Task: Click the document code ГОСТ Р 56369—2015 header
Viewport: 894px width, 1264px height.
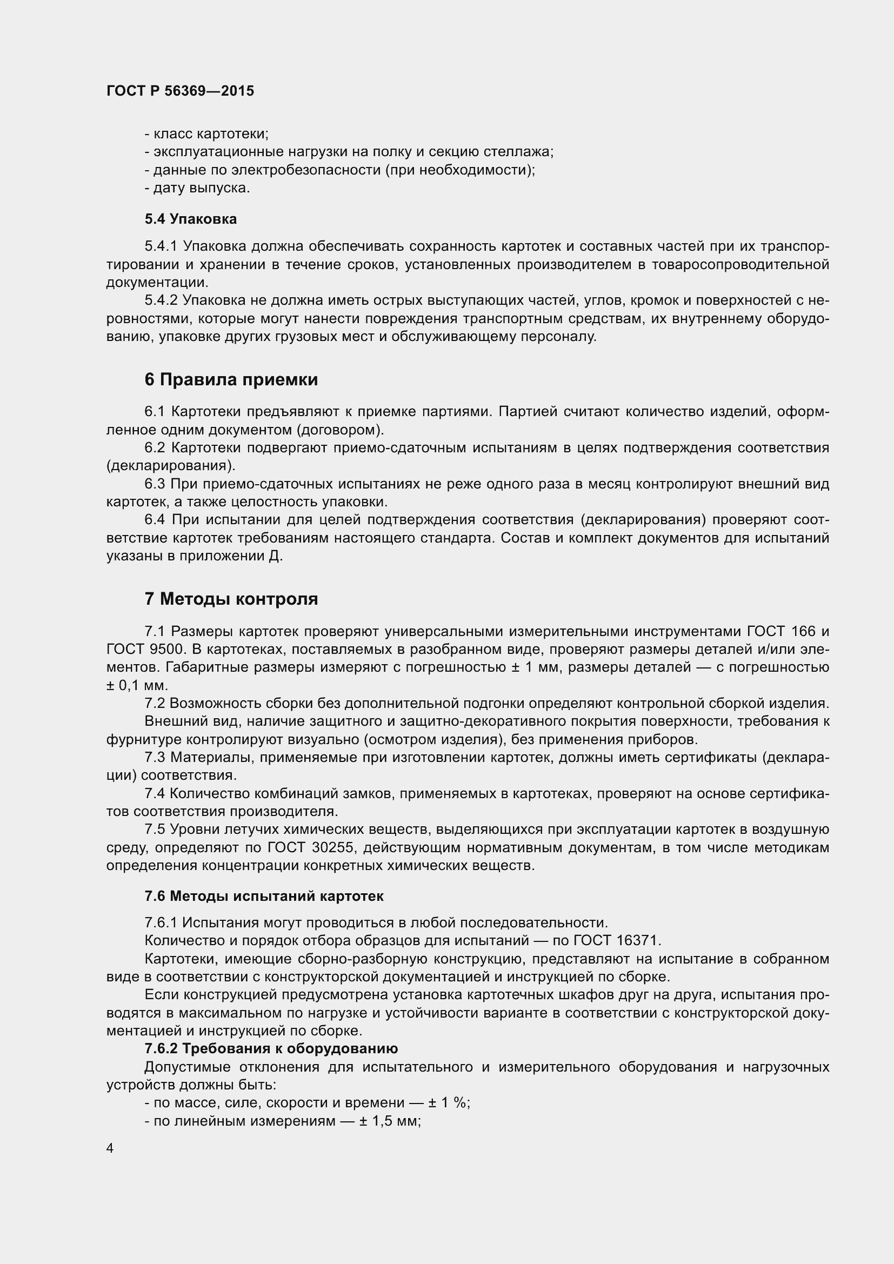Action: [x=180, y=91]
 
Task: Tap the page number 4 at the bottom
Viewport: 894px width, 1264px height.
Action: [x=110, y=1148]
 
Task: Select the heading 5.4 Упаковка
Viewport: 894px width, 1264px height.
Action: [x=190, y=219]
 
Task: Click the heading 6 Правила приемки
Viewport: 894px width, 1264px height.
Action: [x=231, y=380]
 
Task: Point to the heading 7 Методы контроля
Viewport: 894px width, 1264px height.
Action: [x=231, y=599]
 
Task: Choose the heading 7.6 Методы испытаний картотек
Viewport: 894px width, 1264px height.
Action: [x=264, y=896]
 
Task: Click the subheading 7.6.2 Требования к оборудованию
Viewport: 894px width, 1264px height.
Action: [x=271, y=1048]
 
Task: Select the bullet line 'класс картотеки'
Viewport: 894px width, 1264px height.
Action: [x=206, y=134]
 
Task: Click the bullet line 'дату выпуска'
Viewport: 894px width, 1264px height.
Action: [x=198, y=188]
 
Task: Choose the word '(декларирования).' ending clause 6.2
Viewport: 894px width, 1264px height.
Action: [x=171, y=466]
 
